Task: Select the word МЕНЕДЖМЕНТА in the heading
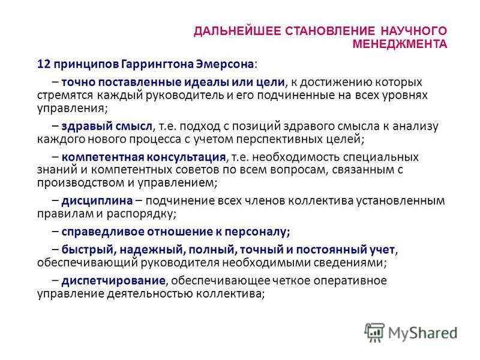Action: [x=400, y=44]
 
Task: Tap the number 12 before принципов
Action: [x=43, y=64]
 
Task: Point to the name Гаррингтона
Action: [x=157, y=65]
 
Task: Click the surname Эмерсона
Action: [x=225, y=64]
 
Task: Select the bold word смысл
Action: [x=133, y=126]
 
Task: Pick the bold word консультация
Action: [x=186, y=157]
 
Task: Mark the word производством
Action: [x=81, y=183]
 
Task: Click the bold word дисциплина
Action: [x=97, y=201]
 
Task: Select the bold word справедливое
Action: [x=103, y=232]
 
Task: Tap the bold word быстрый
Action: [x=88, y=250]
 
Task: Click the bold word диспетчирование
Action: [x=113, y=281]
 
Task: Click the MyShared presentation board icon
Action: [x=374, y=332]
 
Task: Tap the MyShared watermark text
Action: [x=423, y=333]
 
